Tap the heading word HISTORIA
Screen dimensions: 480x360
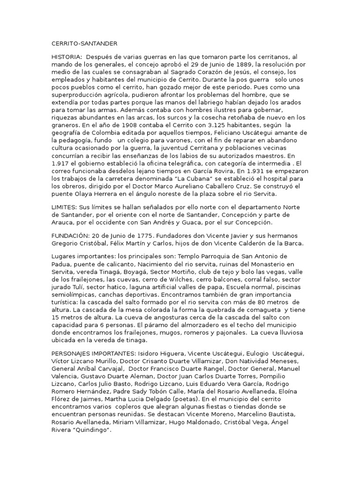coord(65,57)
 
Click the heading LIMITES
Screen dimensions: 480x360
coord(64,207)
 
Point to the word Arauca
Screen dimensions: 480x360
coord(62,222)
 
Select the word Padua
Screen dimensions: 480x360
coord(61,264)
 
